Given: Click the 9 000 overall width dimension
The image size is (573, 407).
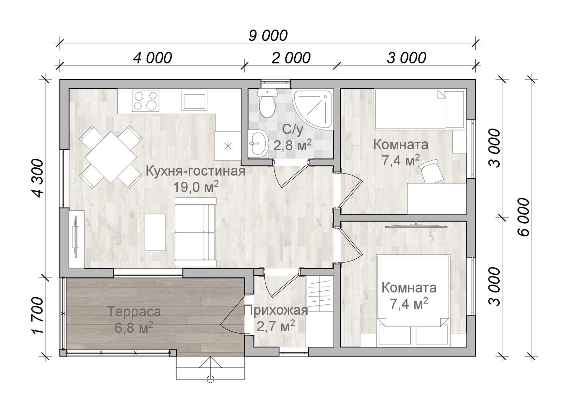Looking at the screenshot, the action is coord(268,35).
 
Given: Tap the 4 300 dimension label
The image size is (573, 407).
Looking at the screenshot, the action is coord(38,179).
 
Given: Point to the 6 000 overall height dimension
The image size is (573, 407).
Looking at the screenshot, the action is coord(523,217).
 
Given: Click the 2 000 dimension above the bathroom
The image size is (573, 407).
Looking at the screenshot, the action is coord(291,58).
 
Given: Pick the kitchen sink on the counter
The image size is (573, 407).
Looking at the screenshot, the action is coord(194,101).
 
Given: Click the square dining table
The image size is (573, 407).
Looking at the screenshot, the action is coord(111,157).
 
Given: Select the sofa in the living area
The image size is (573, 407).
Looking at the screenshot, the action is coord(196,232).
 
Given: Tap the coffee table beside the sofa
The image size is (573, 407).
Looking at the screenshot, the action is coord(155,232).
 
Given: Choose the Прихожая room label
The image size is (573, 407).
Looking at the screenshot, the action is coord(276,310).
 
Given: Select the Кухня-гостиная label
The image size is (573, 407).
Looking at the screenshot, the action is coord(195,171).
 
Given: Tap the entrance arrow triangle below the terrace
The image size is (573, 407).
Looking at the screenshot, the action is coord(210,362).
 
